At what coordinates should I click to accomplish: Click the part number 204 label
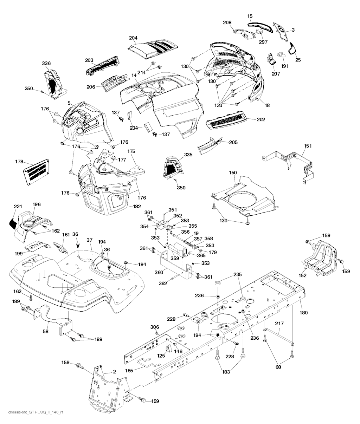point(133,38)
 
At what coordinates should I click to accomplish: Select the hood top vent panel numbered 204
point(152,51)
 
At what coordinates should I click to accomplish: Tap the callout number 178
point(19,162)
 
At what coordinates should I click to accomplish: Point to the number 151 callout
point(308,146)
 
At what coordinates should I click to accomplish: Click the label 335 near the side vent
point(188,155)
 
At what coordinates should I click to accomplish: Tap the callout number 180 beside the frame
point(304,313)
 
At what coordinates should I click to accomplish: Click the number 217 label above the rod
point(279,324)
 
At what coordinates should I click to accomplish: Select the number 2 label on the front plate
point(115,372)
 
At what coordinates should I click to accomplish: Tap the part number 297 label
point(263,42)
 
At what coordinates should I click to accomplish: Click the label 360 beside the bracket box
point(159,272)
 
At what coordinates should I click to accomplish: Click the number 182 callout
point(137,206)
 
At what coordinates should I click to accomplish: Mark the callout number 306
point(155,327)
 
